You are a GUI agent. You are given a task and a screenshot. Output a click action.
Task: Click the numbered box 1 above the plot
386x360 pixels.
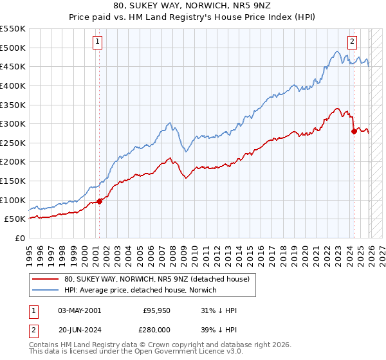(x=97, y=42)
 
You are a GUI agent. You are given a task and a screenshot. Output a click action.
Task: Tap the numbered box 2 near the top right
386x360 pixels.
(x=353, y=42)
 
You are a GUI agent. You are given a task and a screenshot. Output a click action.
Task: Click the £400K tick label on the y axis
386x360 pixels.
(x=13, y=85)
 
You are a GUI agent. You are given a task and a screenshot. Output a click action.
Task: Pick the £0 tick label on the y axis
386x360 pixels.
(x=19, y=238)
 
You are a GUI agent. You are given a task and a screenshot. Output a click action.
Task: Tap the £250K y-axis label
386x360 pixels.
(x=13, y=143)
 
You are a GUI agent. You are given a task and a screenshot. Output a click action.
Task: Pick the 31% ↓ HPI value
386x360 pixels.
(x=219, y=310)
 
